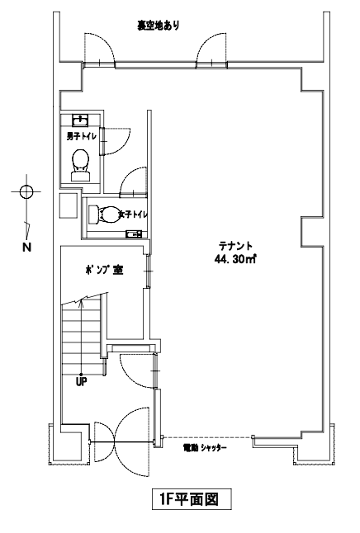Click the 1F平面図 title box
[x=192, y=499]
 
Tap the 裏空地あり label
[x=159, y=25]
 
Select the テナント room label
[x=235, y=245]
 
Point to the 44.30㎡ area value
[x=235, y=259]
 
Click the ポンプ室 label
[x=104, y=270]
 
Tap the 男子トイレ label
[x=81, y=137]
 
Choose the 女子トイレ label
[x=133, y=215]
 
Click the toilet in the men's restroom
[x=81, y=165]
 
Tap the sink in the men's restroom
[x=81, y=120]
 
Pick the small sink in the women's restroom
[x=134, y=233]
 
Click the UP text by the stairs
[x=81, y=382]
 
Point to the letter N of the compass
[x=26, y=248]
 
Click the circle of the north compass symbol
[x=26, y=191]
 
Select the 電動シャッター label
[x=205, y=448]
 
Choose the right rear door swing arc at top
[x=204, y=42]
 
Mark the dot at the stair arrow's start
[x=81, y=375]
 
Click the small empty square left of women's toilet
[x=69, y=206]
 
